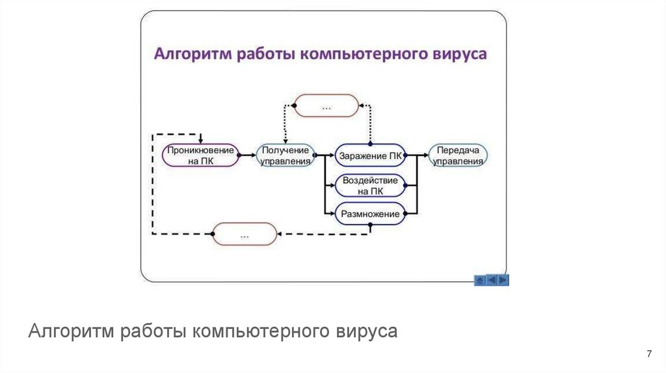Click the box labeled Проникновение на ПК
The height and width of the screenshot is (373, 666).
click(200, 155)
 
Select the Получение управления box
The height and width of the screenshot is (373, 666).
click(284, 155)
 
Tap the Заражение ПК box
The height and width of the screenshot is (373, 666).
click(369, 155)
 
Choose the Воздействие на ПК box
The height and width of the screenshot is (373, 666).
click(369, 185)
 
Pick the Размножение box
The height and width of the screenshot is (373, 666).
click(369, 213)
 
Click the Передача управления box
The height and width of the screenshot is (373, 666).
click(459, 155)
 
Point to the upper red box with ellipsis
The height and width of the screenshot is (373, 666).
click(326, 105)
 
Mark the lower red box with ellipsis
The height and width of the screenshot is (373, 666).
click(245, 233)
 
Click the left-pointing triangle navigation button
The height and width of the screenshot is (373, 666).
click(492, 280)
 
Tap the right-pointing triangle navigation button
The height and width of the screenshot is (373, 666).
click(503, 280)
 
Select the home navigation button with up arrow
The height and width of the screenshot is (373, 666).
click(480, 280)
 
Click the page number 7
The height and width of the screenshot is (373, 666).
click(648, 354)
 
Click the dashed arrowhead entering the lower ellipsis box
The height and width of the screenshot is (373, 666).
click(281, 233)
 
